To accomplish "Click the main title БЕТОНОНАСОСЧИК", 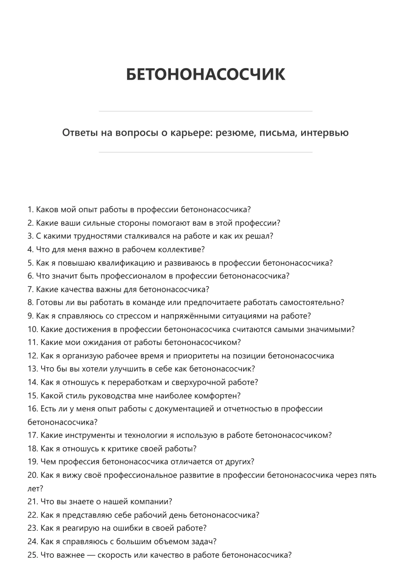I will tap(205, 74).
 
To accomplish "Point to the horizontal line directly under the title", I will tap(205, 111).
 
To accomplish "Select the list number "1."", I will tap(31, 209).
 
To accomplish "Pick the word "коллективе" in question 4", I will tap(181, 249).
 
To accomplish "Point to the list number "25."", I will tap(33, 555).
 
